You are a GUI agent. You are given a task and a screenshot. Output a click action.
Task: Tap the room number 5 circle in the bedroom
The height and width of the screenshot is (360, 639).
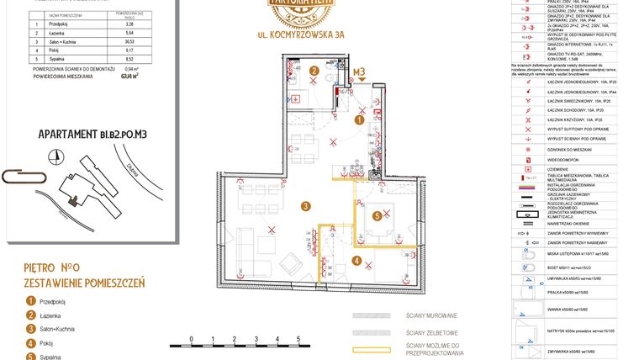[378, 216]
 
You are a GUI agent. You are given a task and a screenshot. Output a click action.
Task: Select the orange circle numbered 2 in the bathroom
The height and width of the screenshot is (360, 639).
[314, 71]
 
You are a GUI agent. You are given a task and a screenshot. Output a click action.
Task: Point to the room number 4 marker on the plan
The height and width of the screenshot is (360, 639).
[356, 261]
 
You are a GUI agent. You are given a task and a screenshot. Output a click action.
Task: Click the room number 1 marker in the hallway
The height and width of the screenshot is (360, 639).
[359, 120]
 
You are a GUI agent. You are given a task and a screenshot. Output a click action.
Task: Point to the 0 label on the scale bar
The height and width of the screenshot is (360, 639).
[192, 338]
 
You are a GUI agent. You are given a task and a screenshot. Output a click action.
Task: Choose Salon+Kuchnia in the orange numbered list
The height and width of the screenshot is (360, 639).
[57, 329]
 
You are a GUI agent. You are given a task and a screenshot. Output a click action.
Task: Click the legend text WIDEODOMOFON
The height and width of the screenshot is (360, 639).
[568, 158]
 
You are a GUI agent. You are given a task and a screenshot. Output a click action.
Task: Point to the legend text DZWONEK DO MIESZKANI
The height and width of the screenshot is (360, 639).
[575, 147]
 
